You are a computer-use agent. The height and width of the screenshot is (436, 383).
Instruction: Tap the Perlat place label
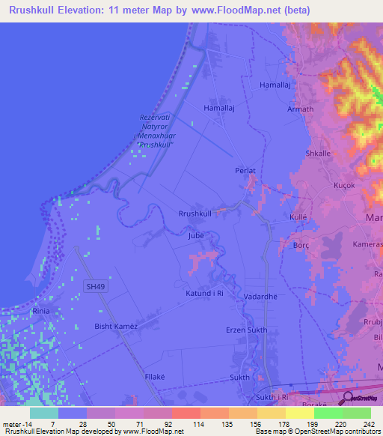click(245, 171)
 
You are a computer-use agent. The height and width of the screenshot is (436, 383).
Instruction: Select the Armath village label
click(300, 109)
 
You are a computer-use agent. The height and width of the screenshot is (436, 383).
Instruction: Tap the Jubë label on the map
click(196, 235)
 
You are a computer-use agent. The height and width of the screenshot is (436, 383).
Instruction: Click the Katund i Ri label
click(205, 294)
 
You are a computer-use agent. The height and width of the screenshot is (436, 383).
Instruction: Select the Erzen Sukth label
click(247, 330)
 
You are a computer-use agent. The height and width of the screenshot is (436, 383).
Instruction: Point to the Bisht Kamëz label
click(114, 326)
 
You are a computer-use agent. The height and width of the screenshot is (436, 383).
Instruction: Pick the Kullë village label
click(298, 217)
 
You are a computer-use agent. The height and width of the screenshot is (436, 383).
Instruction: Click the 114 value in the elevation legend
click(200, 424)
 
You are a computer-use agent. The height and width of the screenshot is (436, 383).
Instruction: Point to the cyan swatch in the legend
click(44, 413)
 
